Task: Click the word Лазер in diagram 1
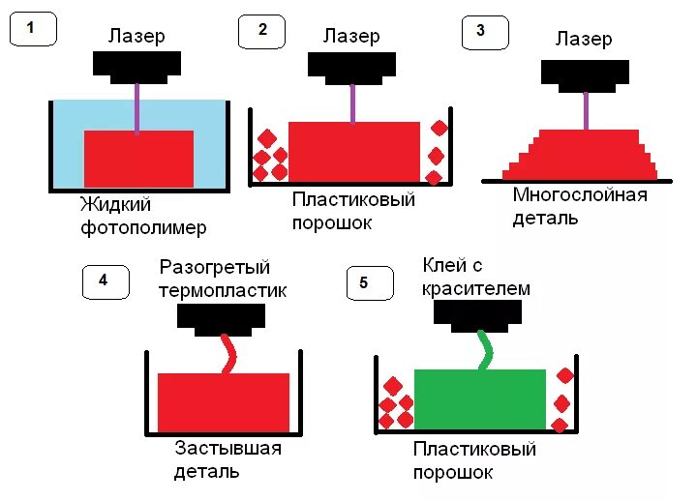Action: (x=136, y=36)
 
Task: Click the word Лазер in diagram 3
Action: (x=584, y=40)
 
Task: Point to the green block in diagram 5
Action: (x=479, y=398)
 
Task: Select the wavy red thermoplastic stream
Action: (x=229, y=354)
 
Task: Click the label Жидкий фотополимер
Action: (x=143, y=216)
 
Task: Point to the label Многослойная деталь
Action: (x=579, y=206)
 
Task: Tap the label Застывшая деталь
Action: (x=227, y=459)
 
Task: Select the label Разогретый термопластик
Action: (x=223, y=278)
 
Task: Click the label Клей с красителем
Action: (x=476, y=275)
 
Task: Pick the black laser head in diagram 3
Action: (x=585, y=74)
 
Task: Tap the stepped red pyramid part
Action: (x=580, y=155)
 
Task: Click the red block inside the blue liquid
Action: (x=139, y=158)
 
